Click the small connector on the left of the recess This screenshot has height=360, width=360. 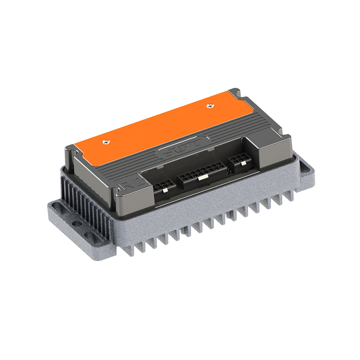click(164, 186)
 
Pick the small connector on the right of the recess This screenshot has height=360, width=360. click(239, 160)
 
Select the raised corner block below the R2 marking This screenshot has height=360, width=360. click(135, 198)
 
